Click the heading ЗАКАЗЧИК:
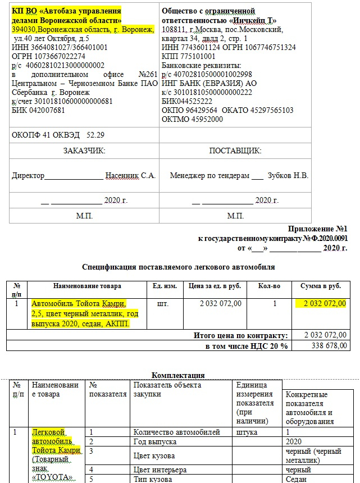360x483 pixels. (x=84, y=151)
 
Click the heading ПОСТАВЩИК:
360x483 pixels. (x=235, y=151)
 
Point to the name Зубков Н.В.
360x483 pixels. (x=288, y=175)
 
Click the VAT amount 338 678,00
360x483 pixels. (x=325, y=345)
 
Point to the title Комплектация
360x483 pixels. (x=178, y=375)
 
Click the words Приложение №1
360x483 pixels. (x=318, y=229)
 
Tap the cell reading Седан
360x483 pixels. (x=296, y=479)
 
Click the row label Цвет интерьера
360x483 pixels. (x=160, y=470)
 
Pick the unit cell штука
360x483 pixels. (x=247, y=432)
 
